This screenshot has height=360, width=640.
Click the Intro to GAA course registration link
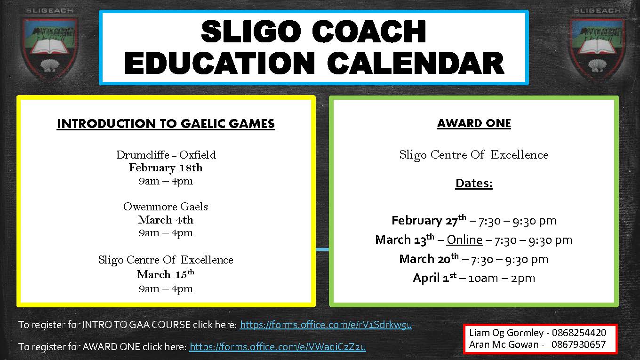326,325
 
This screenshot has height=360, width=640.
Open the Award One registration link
278,347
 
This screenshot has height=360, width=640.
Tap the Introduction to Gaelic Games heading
166,124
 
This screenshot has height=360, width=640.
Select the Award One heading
474,123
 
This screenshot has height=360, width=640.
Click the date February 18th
166,168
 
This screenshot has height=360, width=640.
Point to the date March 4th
166,220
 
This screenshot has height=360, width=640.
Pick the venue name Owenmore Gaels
166,207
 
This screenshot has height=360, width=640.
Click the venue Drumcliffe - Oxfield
166,155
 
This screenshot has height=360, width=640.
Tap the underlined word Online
464,240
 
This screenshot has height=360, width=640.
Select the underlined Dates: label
474,184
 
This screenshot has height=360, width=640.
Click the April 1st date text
434,278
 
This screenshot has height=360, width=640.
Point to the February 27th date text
429,221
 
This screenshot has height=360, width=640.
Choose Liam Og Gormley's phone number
579,333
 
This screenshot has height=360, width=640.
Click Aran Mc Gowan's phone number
578,344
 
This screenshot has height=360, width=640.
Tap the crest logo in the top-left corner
50,46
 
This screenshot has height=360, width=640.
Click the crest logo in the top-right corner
597,46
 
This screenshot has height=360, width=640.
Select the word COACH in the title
368,32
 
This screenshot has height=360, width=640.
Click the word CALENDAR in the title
416,64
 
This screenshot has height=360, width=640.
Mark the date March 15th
166,274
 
